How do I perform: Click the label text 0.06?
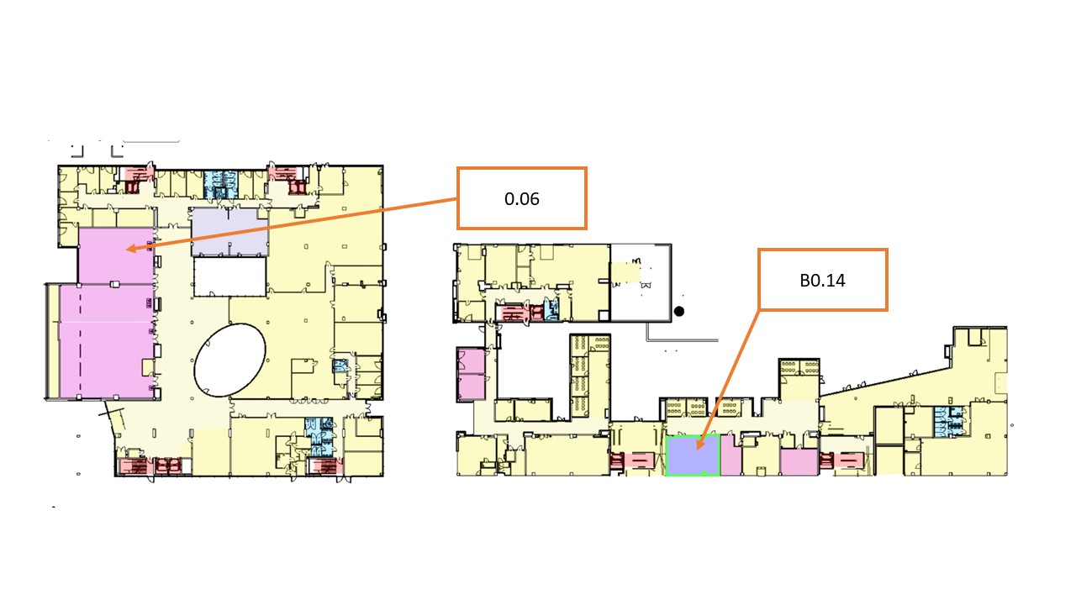point(522,199)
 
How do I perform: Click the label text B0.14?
point(822,281)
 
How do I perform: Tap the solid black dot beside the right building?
point(678,311)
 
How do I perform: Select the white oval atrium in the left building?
point(229,360)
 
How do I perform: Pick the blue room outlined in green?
point(692,455)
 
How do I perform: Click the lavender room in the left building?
point(229,231)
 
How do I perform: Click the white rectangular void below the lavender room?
point(229,276)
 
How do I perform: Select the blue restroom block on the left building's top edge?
point(220,185)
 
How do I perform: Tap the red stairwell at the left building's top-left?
point(136,180)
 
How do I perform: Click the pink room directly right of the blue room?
point(731,455)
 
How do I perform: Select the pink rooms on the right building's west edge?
point(471,375)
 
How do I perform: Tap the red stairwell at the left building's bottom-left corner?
point(150,466)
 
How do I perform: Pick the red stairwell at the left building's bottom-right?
point(324,466)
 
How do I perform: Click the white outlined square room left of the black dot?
point(641,283)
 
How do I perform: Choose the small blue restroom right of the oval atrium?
point(340,366)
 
